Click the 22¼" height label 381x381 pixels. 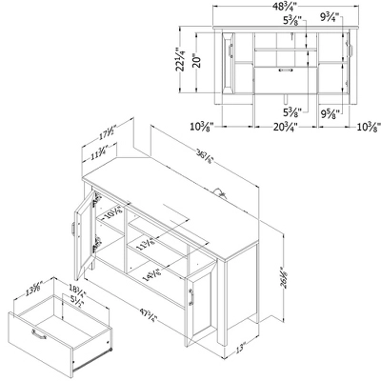(180, 63)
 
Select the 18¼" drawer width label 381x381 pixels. (48, 287)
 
